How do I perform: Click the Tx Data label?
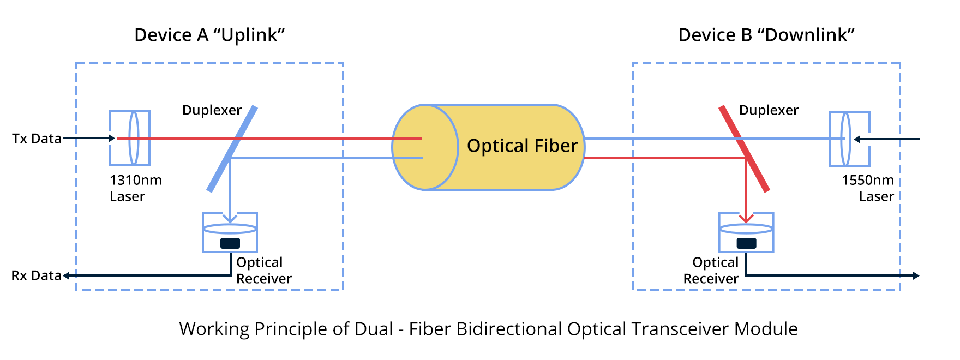click(37, 139)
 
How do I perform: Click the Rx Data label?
click(36, 275)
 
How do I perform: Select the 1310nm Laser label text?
click(135, 188)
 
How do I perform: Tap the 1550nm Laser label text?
click(868, 188)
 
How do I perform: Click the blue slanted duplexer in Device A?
click(232, 149)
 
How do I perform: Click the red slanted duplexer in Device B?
click(744, 149)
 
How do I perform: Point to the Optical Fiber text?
click(522, 146)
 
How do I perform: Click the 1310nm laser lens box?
click(130, 139)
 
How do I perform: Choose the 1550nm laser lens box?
click(849, 139)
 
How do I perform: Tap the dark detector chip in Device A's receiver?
click(230, 243)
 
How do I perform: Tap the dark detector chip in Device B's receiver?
click(746, 243)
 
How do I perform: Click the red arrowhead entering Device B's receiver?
click(746, 219)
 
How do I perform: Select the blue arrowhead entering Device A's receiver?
click(230, 219)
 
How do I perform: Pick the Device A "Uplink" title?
click(209, 35)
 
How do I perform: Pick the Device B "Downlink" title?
click(766, 35)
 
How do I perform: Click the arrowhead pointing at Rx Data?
click(67, 276)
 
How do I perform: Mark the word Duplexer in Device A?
click(212, 110)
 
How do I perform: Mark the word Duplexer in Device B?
click(769, 110)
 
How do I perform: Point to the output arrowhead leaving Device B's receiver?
click(916, 276)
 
